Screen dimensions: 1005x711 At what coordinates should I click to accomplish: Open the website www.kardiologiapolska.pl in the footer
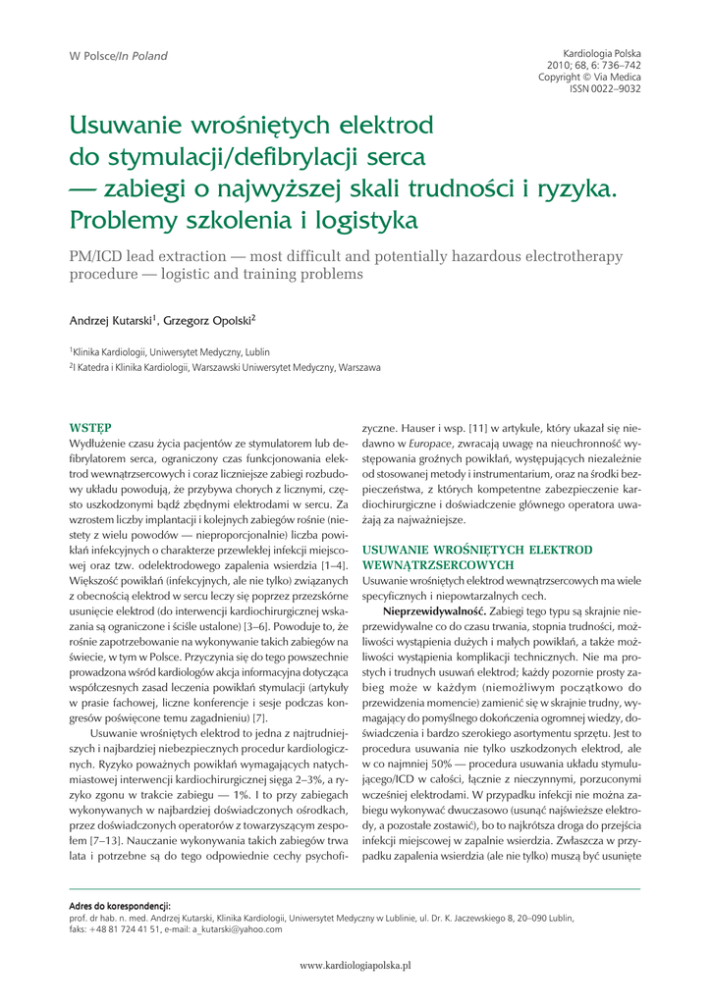pos(355,966)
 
